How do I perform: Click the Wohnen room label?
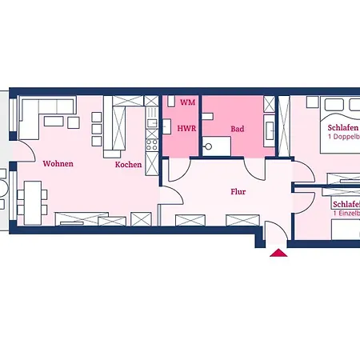point(58,163)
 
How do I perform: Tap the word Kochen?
point(128,164)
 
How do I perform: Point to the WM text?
point(187,102)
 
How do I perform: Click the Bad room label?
point(238,128)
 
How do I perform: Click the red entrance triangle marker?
point(278,253)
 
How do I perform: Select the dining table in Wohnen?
point(32,200)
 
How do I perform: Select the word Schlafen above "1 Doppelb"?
point(342,127)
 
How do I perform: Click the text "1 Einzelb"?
point(345,214)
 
